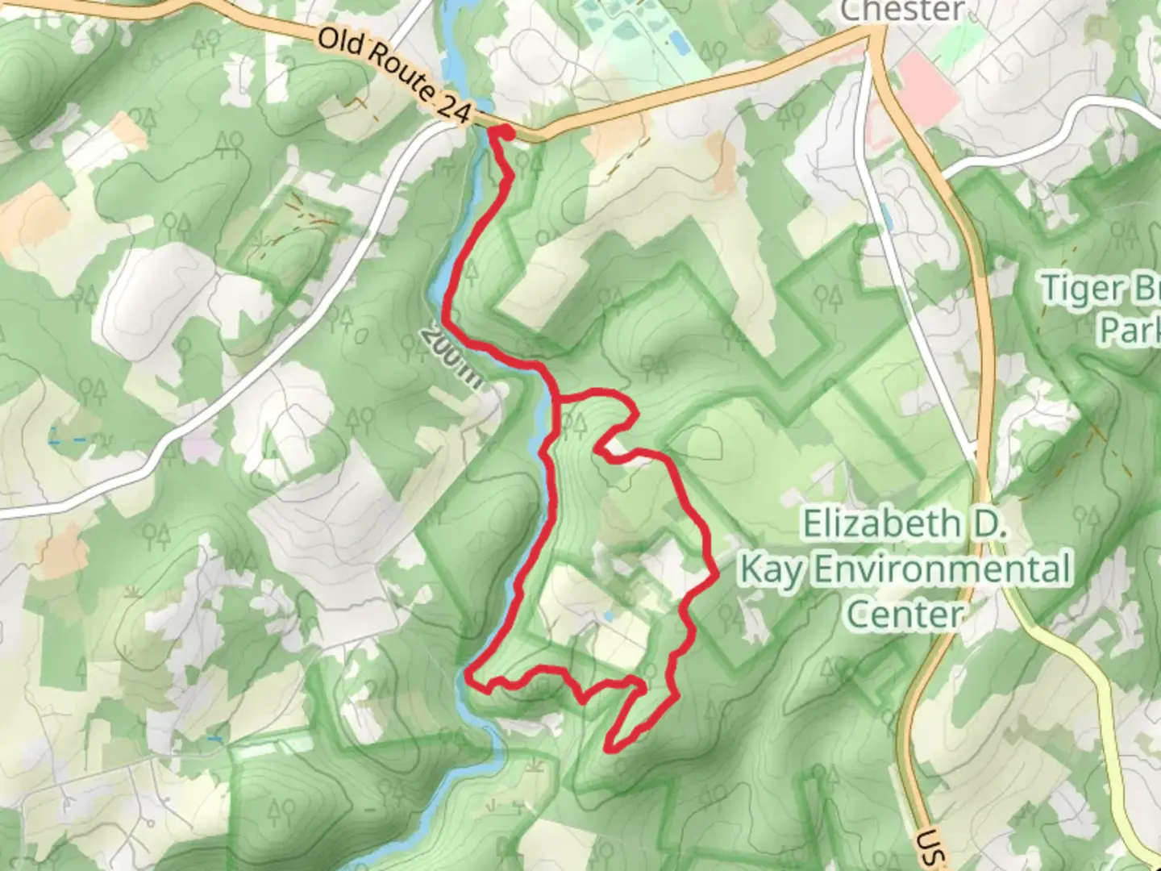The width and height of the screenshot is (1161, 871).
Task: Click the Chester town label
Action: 902,10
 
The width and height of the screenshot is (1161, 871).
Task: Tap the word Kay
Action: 772,570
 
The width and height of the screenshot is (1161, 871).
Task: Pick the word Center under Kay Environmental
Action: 905,615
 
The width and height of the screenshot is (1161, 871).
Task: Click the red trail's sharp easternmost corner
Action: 716,576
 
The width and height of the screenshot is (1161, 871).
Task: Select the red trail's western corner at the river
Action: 470,676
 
